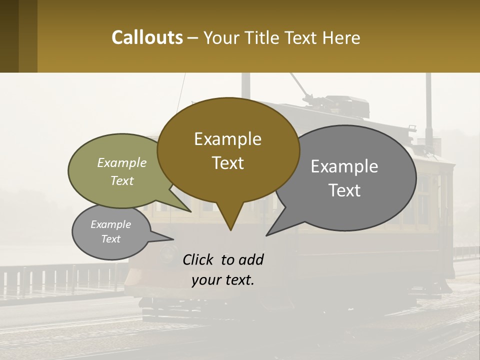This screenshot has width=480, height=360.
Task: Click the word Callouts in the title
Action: (x=147, y=37)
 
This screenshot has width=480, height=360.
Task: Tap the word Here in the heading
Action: (x=341, y=37)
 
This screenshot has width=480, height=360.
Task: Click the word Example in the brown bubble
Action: (x=227, y=139)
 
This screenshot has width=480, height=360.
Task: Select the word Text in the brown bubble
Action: (x=227, y=163)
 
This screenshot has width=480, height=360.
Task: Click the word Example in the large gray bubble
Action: (x=344, y=166)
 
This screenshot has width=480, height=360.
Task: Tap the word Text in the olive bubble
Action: (x=122, y=181)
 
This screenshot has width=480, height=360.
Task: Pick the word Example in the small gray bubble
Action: (x=111, y=224)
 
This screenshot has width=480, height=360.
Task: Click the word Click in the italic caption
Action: (x=198, y=260)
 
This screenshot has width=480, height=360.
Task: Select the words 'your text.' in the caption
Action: (x=223, y=280)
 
